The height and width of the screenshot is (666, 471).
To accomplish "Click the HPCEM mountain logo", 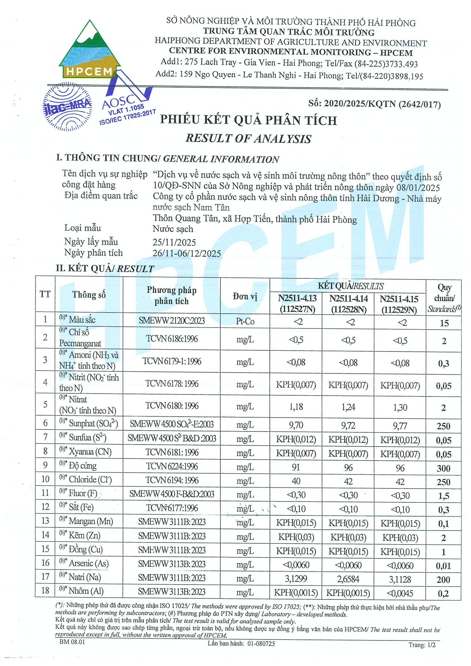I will (x=89, y=51).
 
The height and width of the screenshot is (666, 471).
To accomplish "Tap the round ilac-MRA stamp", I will (x=67, y=107).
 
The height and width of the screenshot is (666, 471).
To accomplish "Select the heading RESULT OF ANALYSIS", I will (x=248, y=138).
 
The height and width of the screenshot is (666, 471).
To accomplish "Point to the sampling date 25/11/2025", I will (x=174, y=242).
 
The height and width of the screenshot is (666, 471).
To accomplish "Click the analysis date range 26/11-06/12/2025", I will (x=187, y=253).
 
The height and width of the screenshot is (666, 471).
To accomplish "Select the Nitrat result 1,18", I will (x=296, y=407).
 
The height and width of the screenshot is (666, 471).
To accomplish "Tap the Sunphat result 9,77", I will (x=400, y=426).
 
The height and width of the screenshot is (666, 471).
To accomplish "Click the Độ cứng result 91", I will (x=296, y=467).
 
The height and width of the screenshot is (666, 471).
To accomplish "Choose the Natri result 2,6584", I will (x=348, y=579).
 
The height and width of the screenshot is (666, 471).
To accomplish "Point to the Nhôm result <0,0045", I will (x=400, y=593).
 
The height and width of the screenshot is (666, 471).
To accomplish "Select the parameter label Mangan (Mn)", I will (x=91, y=521).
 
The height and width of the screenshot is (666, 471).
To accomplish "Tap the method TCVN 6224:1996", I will (x=172, y=466).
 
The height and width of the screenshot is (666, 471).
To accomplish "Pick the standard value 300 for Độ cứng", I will (x=443, y=468).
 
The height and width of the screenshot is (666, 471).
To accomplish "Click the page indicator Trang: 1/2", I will (x=422, y=645).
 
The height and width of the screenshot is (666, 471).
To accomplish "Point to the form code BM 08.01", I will (x=72, y=642).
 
